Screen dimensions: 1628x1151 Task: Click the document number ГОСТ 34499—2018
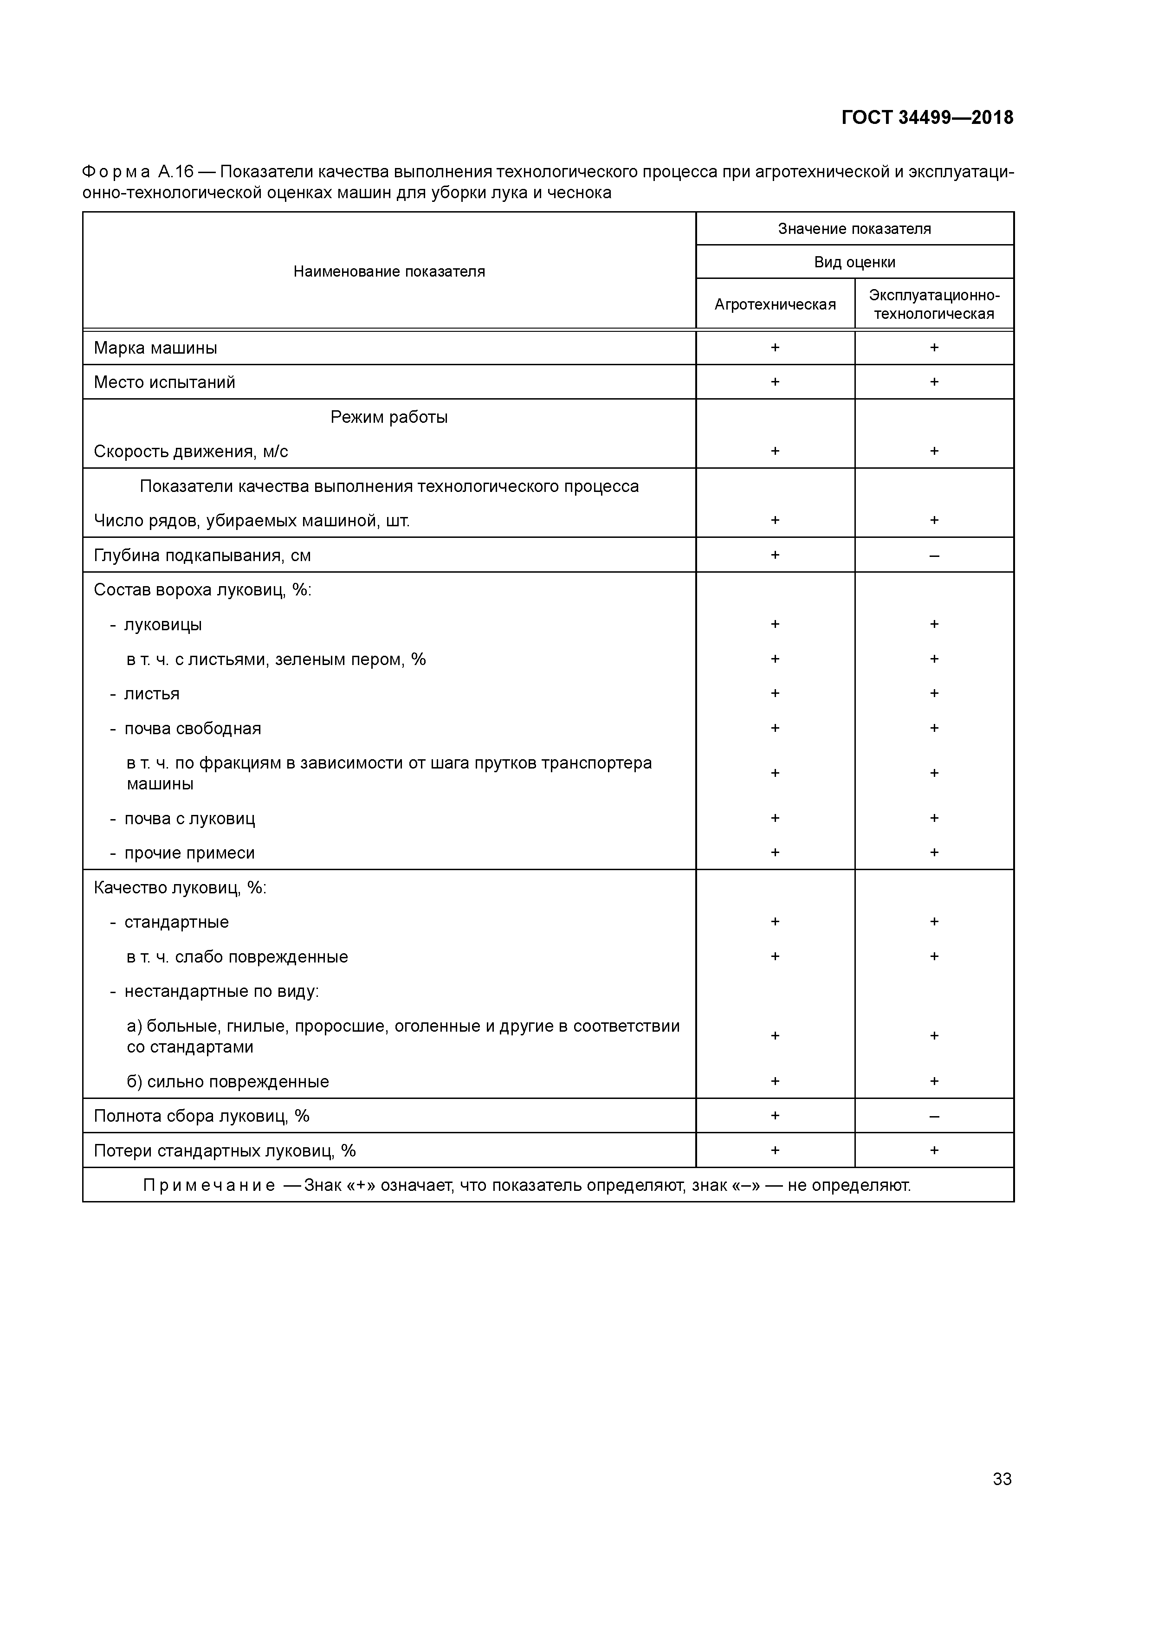point(927,118)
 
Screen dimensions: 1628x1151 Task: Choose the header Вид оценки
point(854,262)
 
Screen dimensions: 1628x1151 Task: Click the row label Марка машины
point(155,348)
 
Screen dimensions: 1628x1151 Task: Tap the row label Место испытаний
point(165,382)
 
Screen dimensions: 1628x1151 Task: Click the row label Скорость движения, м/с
point(191,452)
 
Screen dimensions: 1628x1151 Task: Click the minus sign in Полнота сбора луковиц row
point(934,1117)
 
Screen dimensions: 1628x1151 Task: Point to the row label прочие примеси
point(189,853)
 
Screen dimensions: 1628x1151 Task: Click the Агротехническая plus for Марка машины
point(775,348)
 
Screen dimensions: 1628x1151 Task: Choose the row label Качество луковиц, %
point(180,888)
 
